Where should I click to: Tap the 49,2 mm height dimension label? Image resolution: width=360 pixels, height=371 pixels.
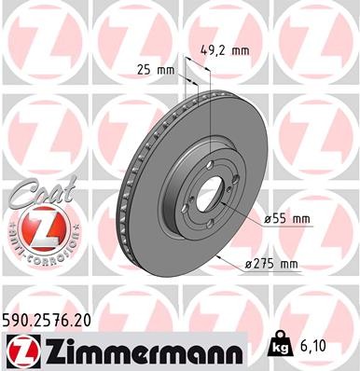(226, 50)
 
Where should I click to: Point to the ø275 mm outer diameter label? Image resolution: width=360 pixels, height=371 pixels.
(270, 264)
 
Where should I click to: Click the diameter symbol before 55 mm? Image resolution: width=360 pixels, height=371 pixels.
(268, 219)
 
